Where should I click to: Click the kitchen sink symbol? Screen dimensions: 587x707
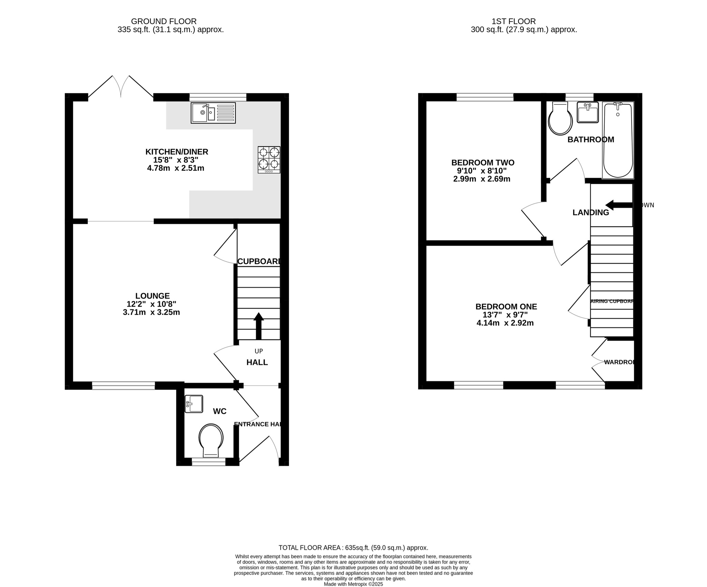pyautogui.click(x=213, y=113)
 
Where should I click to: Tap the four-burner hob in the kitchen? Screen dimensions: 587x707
pyautogui.click(x=269, y=160)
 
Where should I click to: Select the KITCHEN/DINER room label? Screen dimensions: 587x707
pyautogui.click(x=176, y=152)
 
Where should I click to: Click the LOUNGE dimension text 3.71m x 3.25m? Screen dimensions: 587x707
pyautogui.click(x=151, y=313)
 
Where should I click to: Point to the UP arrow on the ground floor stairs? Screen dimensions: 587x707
pyautogui.click(x=259, y=325)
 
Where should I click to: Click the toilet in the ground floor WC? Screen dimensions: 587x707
pyautogui.click(x=211, y=440)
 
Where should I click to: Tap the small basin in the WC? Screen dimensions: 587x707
pyautogui.click(x=194, y=404)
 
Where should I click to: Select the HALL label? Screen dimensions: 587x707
pyautogui.click(x=257, y=362)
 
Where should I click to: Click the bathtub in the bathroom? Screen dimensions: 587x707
pyautogui.click(x=618, y=140)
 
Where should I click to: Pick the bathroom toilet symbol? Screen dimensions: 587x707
pyautogui.click(x=560, y=119)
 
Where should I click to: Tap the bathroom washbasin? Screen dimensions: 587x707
pyautogui.click(x=588, y=112)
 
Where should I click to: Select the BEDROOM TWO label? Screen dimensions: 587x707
pyautogui.click(x=483, y=162)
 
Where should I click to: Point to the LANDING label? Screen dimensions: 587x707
pyautogui.click(x=591, y=213)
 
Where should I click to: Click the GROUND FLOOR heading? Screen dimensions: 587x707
pyautogui.click(x=164, y=21)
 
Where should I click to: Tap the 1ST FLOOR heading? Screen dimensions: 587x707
pyautogui.click(x=514, y=21)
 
